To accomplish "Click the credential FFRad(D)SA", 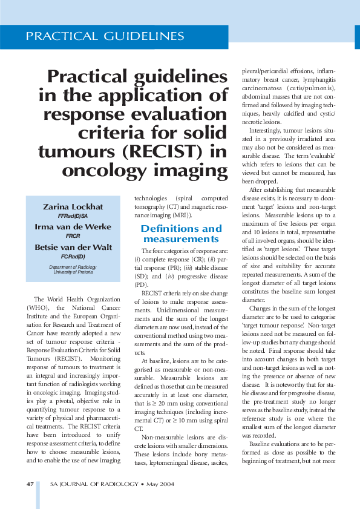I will point(73,216).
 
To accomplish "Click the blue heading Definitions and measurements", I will point(181,234).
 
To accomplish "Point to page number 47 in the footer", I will point(30,485).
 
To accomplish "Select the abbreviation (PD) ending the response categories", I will point(140,284).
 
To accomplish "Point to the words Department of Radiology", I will point(73,266).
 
